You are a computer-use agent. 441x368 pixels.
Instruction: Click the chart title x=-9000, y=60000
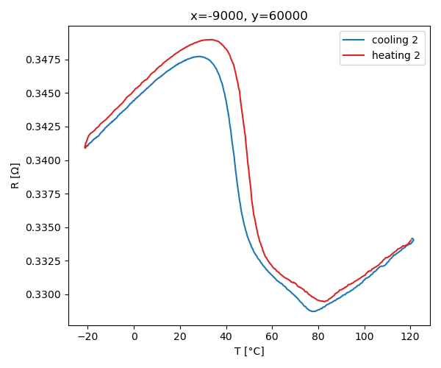tap(250, 16)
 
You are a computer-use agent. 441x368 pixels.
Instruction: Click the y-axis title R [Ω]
tap(15, 175)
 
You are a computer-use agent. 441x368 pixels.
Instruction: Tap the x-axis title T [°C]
tap(250, 351)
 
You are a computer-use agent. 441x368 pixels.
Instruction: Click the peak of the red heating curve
tap(211, 40)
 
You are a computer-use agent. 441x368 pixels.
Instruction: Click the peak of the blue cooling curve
tap(199, 56)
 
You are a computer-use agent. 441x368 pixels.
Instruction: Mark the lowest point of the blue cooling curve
tap(313, 311)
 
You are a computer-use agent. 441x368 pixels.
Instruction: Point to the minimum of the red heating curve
tap(323, 301)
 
